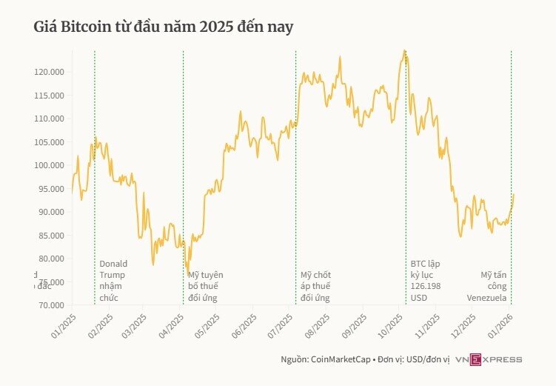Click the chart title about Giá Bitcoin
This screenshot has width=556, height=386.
[x=164, y=27]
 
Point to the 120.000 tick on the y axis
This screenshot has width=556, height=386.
[x=49, y=72]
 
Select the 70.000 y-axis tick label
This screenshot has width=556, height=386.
[x=50, y=305]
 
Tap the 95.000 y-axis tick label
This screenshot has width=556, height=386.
[x=50, y=189]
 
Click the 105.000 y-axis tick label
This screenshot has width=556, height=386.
[x=49, y=142]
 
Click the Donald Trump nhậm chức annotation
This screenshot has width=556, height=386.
[x=113, y=281]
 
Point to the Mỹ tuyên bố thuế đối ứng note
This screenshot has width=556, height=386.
[x=205, y=286]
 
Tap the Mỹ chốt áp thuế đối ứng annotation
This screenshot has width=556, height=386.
[x=315, y=286]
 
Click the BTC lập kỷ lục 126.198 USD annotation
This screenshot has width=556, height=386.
[x=426, y=281]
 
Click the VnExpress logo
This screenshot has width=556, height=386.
[x=489, y=359]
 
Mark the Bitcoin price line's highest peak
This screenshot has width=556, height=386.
[x=403, y=50]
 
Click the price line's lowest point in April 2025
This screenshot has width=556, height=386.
[x=187, y=272]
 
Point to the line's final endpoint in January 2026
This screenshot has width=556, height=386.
[x=514, y=194]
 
